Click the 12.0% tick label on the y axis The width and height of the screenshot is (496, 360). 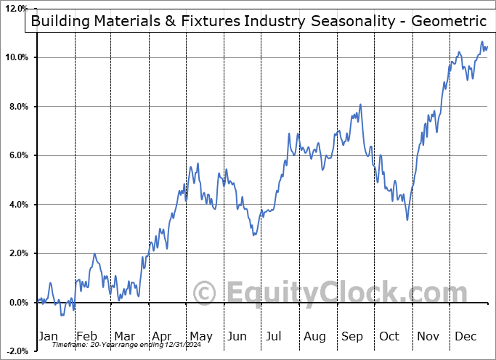pos(16,9)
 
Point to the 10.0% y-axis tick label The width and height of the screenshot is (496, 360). pos(16,57)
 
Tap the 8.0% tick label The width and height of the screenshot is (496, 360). pos(18,107)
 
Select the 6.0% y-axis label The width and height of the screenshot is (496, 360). pos(18,155)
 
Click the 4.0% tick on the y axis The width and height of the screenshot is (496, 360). pos(18,205)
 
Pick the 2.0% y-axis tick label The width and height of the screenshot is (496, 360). pos(18,253)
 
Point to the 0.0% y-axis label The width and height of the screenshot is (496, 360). pos(18,303)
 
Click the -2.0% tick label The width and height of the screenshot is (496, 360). pos(17,351)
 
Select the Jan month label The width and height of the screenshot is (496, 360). pos(47,336)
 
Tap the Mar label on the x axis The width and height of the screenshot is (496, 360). pos(123,336)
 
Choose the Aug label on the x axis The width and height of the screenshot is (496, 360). pos(314,336)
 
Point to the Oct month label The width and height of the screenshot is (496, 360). pos(390,336)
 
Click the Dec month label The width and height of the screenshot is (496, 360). pos(465,336)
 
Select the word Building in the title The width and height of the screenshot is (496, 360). pos(60,21)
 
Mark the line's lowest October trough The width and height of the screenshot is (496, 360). pos(407,219)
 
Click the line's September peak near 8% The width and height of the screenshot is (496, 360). pos(360,105)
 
